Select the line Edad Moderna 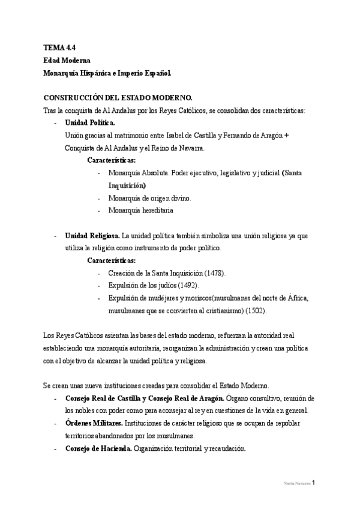click(x=67, y=60)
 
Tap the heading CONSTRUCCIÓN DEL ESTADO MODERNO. click(x=118, y=97)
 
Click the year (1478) click(x=213, y=273)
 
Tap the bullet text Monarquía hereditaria click(x=141, y=211)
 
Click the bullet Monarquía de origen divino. click(x=149, y=198)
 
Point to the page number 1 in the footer click(x=313, y=483)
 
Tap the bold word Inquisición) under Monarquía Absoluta click(x=127, y=185)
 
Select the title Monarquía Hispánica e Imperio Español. click(x=107, y=73)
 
